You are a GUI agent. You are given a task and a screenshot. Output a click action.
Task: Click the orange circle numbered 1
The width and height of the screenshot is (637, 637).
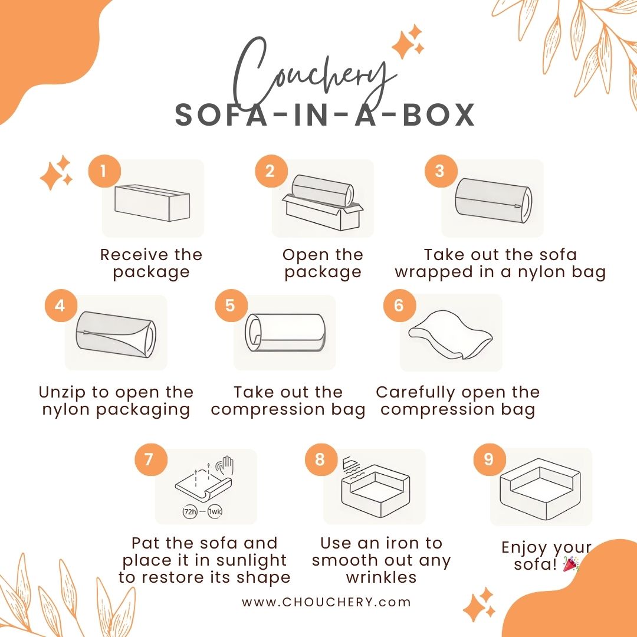104,170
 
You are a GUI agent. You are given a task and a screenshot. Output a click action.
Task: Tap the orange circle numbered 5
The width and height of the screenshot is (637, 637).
231,305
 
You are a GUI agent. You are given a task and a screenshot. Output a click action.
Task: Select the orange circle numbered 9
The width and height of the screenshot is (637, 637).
490,459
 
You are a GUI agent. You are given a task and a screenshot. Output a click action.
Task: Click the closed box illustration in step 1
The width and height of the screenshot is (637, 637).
152,203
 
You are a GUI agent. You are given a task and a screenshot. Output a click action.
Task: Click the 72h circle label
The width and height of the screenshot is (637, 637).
190,511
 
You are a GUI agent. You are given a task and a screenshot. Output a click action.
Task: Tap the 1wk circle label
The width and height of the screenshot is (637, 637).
215,511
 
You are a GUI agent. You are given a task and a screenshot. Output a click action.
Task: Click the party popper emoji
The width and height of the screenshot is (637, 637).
571,564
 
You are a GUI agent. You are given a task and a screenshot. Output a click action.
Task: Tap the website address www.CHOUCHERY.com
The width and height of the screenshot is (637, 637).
326,602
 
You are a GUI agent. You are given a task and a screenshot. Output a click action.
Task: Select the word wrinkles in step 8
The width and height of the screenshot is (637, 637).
382,577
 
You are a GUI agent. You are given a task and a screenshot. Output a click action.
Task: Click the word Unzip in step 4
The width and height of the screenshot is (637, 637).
63,393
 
